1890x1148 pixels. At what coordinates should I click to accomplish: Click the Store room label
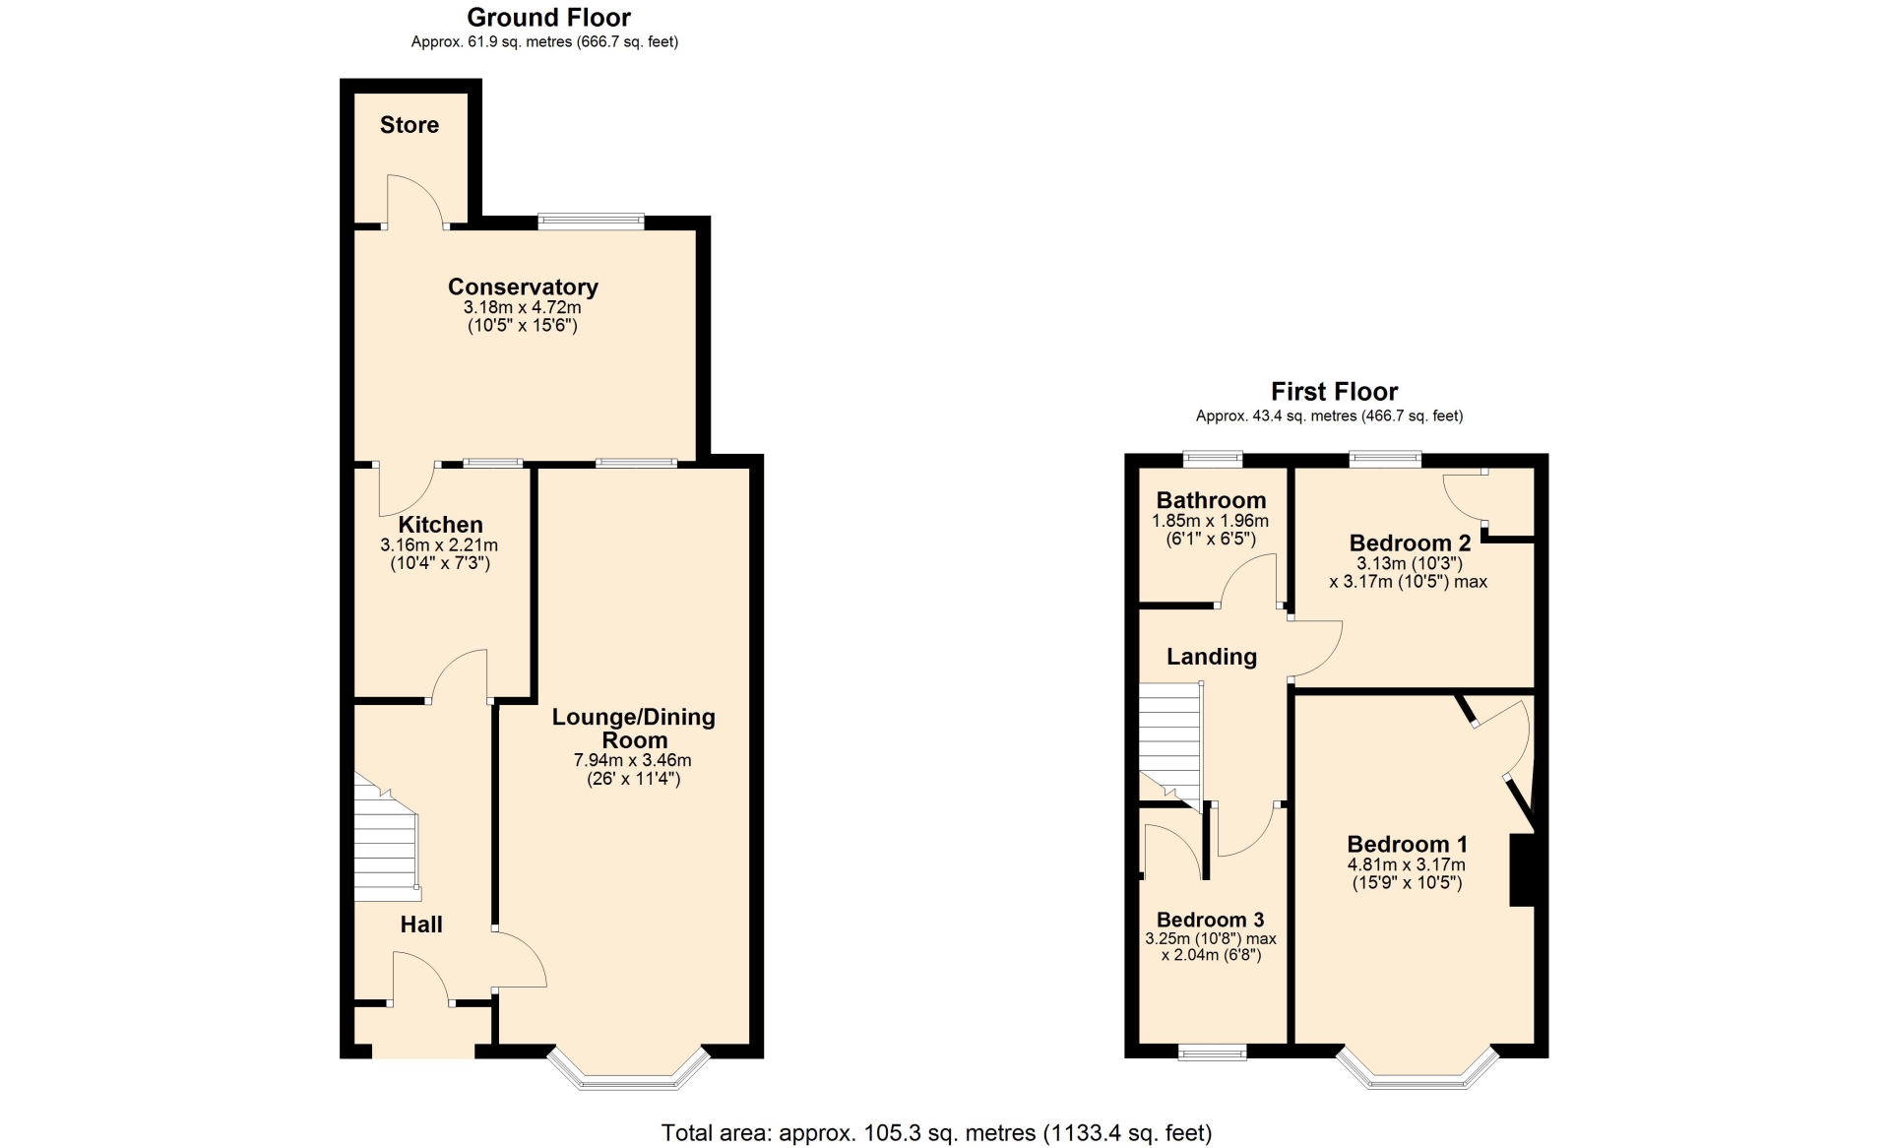tap(409, 125)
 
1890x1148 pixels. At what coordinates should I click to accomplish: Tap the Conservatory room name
tap(523, 287)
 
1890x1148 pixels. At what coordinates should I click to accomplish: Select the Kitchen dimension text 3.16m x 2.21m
tap(439, 545)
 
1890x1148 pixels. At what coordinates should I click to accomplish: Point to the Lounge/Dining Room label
tap(634, 729)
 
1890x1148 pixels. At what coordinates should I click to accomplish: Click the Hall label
tap(421, 925)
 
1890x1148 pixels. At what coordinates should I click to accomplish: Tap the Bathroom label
tap(1211, 500)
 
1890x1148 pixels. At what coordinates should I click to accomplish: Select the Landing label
tap(1212, 657)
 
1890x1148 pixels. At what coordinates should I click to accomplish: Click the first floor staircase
tap(1171, 744)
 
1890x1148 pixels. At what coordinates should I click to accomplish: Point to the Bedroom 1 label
tap(1408, 844)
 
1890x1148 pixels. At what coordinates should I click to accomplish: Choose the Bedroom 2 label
tap(1410, 542)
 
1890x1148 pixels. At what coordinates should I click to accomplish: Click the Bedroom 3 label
tap(1210, 920)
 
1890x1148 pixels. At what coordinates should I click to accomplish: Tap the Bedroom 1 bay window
tap(1417, 1071)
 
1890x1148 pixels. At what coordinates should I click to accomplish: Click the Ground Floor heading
tap(549, 17)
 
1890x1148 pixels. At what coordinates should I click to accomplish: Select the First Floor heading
tap(1334, 392)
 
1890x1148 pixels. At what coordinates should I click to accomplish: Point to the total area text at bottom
tap(936, 1133)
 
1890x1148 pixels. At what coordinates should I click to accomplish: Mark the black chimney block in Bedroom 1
tap(1523, 870)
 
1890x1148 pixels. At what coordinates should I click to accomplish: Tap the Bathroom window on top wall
tap(1213, 458)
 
